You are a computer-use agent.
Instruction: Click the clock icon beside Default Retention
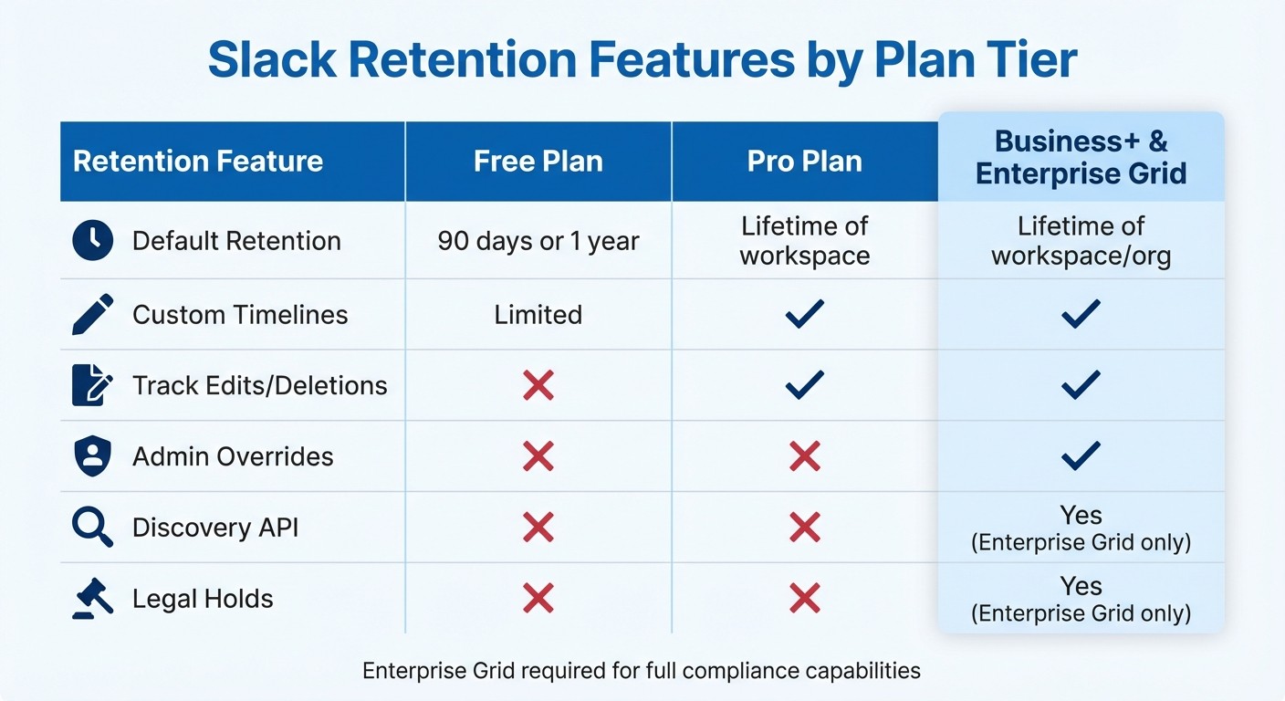(92, 241)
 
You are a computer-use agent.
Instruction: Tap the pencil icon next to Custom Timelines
(92, 314)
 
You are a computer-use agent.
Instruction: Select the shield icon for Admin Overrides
(92, 456)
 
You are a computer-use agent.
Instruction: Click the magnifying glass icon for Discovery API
(92, 528)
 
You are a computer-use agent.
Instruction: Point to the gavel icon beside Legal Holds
(92, 599)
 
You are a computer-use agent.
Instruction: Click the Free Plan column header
(538, 162)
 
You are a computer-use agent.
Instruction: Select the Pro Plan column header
(805, 162)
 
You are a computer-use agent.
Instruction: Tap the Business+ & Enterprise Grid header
(1081, 157)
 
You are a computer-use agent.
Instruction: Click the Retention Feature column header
(198, 162)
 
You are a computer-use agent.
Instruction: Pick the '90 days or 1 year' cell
(538, 241)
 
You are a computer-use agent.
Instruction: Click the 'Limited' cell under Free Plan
(538, 315)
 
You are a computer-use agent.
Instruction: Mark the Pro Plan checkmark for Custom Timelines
(805, 314)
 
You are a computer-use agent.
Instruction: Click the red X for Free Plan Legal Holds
(538, 599)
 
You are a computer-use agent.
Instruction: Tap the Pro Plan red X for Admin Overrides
(805, 456)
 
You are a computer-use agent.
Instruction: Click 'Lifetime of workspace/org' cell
(1081, 241)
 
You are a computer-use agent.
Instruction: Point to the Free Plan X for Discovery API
(538, 528)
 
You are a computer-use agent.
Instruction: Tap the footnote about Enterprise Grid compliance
(642, 671)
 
